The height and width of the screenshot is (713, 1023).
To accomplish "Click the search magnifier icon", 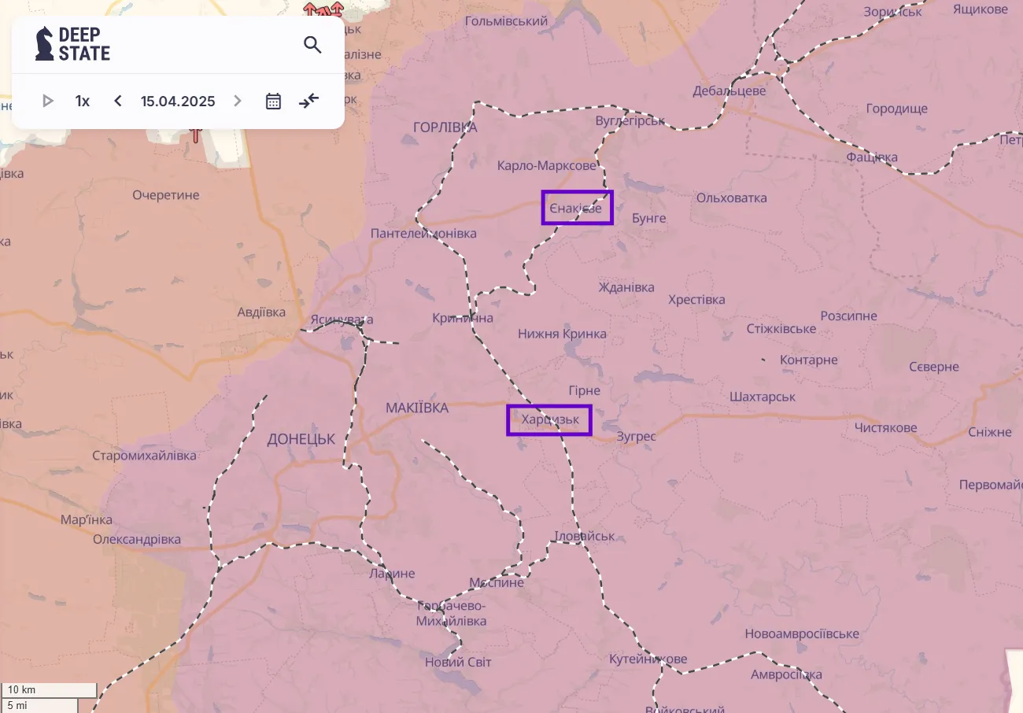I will tap(312, 45).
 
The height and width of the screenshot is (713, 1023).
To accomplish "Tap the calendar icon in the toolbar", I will tap(273, 101).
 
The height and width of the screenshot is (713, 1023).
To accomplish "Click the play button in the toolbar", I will tap(47, 101).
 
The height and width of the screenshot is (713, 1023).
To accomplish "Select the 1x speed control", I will tap(83, 101).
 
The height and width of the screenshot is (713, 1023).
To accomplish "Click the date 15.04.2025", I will tap(178, 101).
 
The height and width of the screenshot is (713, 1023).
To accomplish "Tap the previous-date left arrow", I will tap(118, 101).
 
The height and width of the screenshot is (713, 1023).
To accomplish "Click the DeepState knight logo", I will tap(45, 44).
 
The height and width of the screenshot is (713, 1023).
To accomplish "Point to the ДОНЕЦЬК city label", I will tap(301, 439).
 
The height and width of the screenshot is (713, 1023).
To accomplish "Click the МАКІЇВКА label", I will tap(417, 408).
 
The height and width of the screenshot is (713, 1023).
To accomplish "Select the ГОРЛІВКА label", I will tap(445, 127).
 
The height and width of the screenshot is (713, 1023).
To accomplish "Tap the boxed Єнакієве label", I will tap(577, 208).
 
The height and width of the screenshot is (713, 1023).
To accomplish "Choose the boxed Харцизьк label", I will tap(549, 419).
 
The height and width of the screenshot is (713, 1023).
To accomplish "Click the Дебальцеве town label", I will tap(729, 91).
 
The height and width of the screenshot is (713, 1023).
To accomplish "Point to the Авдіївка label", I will tap(261, 312).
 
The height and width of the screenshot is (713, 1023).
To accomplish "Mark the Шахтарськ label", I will tap(763, 397).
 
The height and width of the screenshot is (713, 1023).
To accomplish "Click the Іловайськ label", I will tap(585, 536).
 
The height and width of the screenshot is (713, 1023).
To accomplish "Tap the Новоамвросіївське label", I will tap(802, 634).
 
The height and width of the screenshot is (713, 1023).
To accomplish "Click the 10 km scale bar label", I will tap(22, 690).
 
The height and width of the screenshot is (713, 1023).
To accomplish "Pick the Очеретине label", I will tap(166, 195).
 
